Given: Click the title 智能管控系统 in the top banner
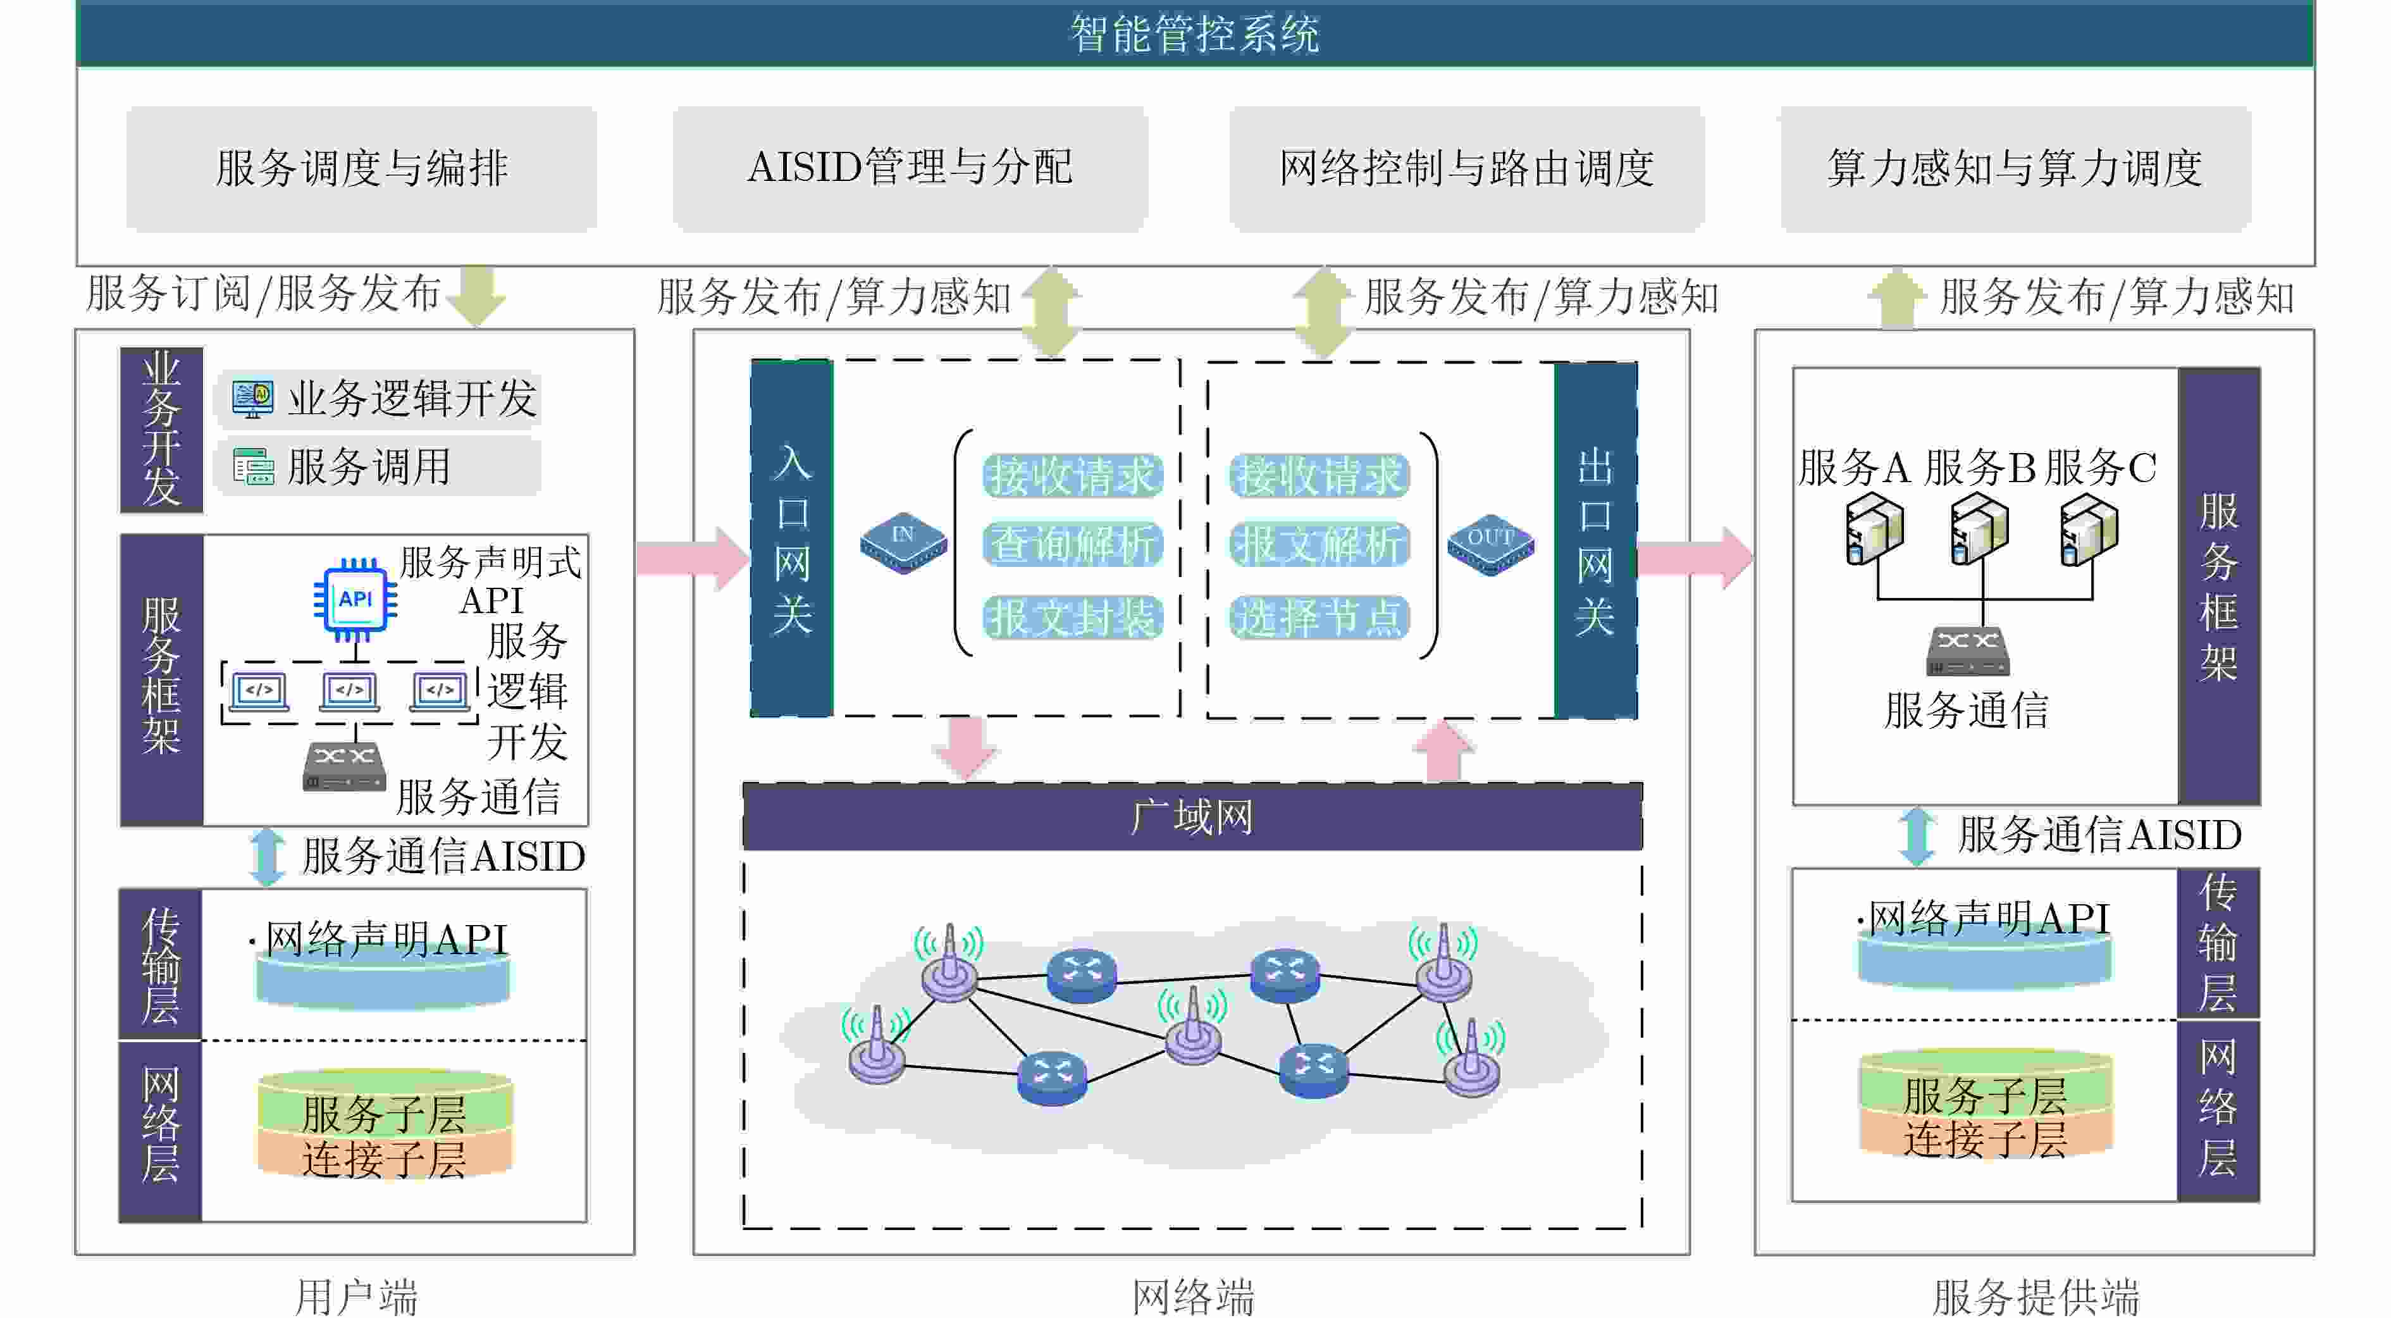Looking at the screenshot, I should pyautogui.click(x=1195, y=34).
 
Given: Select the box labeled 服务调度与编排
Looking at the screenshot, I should pyautogui.click(x=361, y=168).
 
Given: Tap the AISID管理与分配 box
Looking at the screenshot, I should pyautogui.click(x=910, y=168).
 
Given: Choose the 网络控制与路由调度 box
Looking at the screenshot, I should pyautogui.click(x=1466, y=168).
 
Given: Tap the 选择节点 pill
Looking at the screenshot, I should pyautogui.click(x=1319, y=617).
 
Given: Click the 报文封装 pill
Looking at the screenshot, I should pyautogui.click(x=1073, y=617).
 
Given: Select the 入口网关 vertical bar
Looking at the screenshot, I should pyautogui.click(x=792, y=538).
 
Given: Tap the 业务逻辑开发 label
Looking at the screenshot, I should pyautogui.click(x=411, y=398).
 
